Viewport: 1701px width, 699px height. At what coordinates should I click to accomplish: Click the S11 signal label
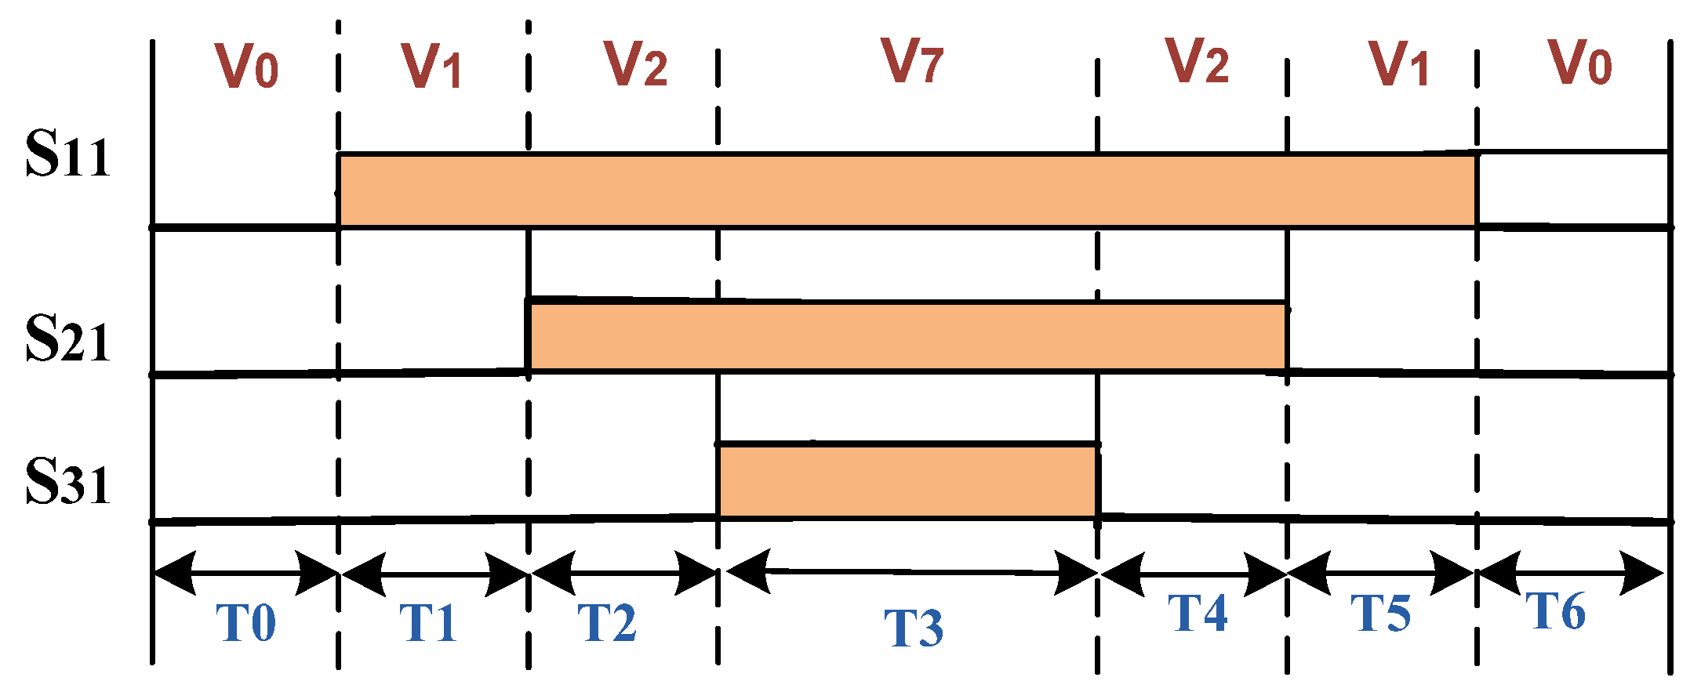[x=67, y=154]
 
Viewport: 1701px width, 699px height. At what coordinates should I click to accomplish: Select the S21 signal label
[x=67, y=339]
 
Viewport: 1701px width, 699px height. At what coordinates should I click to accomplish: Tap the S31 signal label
[x=67, y=481]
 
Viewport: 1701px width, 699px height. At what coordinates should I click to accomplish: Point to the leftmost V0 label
[x=247, y=67]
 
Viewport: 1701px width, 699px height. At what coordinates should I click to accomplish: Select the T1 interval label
[x=428, y=623]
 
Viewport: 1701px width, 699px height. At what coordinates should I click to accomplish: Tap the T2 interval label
[x=607, y=623]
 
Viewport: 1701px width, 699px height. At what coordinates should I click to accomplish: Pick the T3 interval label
[x=914, y=628]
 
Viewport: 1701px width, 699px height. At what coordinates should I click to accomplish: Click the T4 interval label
[x=1198, y=613]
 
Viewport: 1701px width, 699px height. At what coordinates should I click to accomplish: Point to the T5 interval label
[x=1381, y=613]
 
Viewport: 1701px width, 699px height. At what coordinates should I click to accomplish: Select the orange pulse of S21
[x=907, y=337]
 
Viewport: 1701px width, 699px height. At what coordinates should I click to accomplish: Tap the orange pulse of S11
[x=907, y=190]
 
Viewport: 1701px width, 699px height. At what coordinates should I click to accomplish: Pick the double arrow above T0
[x=245, y=573]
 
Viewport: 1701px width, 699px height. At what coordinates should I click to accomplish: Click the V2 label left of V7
[x=636, y=64]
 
